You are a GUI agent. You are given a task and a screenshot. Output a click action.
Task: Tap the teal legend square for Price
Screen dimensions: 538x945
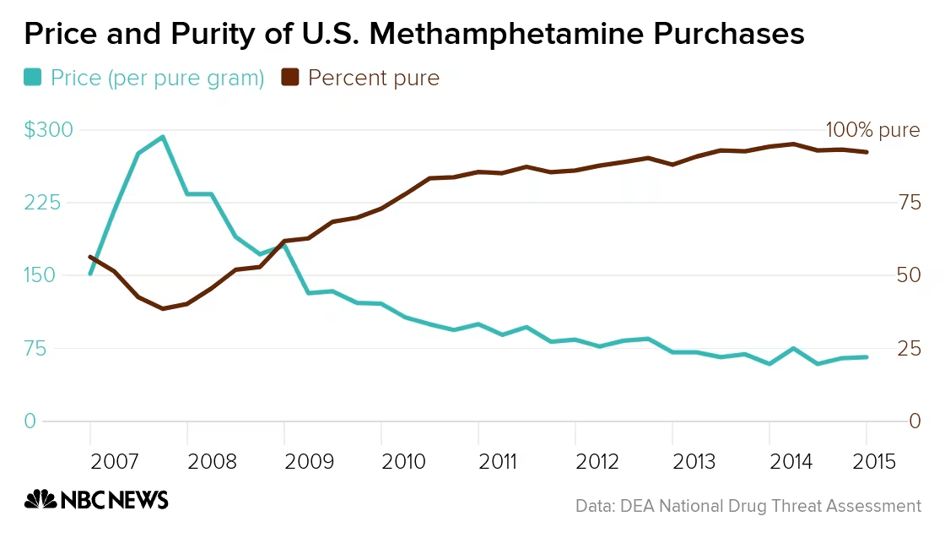click(32, 78)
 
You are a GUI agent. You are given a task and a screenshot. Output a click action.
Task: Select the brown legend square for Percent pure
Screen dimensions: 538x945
click(289, 78)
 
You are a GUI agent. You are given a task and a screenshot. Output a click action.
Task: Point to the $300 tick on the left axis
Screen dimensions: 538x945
click(48, 130)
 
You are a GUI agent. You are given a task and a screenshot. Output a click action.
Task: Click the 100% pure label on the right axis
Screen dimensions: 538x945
click(872, 130)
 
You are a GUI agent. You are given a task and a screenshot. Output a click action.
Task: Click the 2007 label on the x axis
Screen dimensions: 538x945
click(114, 462)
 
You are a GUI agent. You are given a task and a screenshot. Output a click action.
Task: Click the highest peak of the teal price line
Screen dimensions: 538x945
click(162, 137)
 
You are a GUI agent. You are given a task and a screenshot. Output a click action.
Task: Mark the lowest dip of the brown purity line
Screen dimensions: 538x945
click(163, 308)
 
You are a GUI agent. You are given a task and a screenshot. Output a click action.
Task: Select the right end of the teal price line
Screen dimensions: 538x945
click(866, 357)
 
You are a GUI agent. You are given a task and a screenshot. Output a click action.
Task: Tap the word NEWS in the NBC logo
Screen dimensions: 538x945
click(138, 500)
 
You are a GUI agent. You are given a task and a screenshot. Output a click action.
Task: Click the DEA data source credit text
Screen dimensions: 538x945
click(748, 506)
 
